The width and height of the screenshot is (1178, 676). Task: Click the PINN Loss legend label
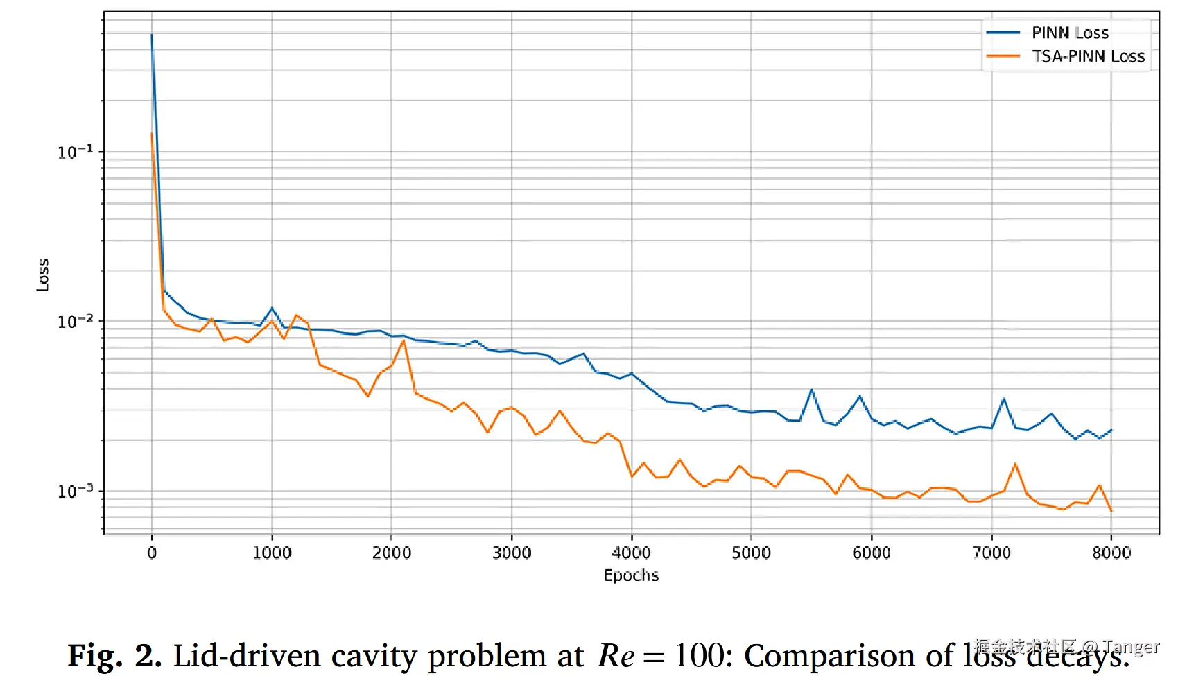click(x=1070, y=33)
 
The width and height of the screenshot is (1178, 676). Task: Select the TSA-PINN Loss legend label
click(x=1088, y=56)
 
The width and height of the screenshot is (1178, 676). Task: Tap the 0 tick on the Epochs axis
click(x=152, y=553)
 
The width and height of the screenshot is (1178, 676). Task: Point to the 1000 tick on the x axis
click(x=272, y=553)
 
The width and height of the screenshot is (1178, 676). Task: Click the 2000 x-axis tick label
click(x=392, y=553)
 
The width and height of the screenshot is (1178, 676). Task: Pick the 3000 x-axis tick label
click(x=512, y=553)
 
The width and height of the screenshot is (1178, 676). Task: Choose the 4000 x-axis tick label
click(x=631, y=553)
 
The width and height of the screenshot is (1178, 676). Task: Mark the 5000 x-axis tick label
click(x=751, y=553)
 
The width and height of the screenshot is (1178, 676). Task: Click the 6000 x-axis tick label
click(x=872, y=553)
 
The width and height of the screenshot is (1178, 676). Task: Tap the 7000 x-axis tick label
click(x=991, y=553)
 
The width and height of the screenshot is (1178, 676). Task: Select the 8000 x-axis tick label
click(x=1111, y=553)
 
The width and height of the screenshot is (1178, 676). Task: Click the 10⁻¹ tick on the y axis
click(x=75, y=152)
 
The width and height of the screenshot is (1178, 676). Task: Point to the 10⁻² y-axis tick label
click(x=75, y=322)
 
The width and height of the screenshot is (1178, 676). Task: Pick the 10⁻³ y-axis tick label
click(x=75, y=491)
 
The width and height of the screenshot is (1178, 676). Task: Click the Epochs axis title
click(x=631, y=575)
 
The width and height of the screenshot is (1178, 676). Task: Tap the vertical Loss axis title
click(x=43, y=275)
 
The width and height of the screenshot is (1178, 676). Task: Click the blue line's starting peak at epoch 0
click(x=152, y=35)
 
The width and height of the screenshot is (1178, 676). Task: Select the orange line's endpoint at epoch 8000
click(x=1111, y=511)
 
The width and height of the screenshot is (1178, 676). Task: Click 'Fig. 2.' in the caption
click(x=114, y=656)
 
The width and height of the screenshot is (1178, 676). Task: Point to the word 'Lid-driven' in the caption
click(x=246, y=656)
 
